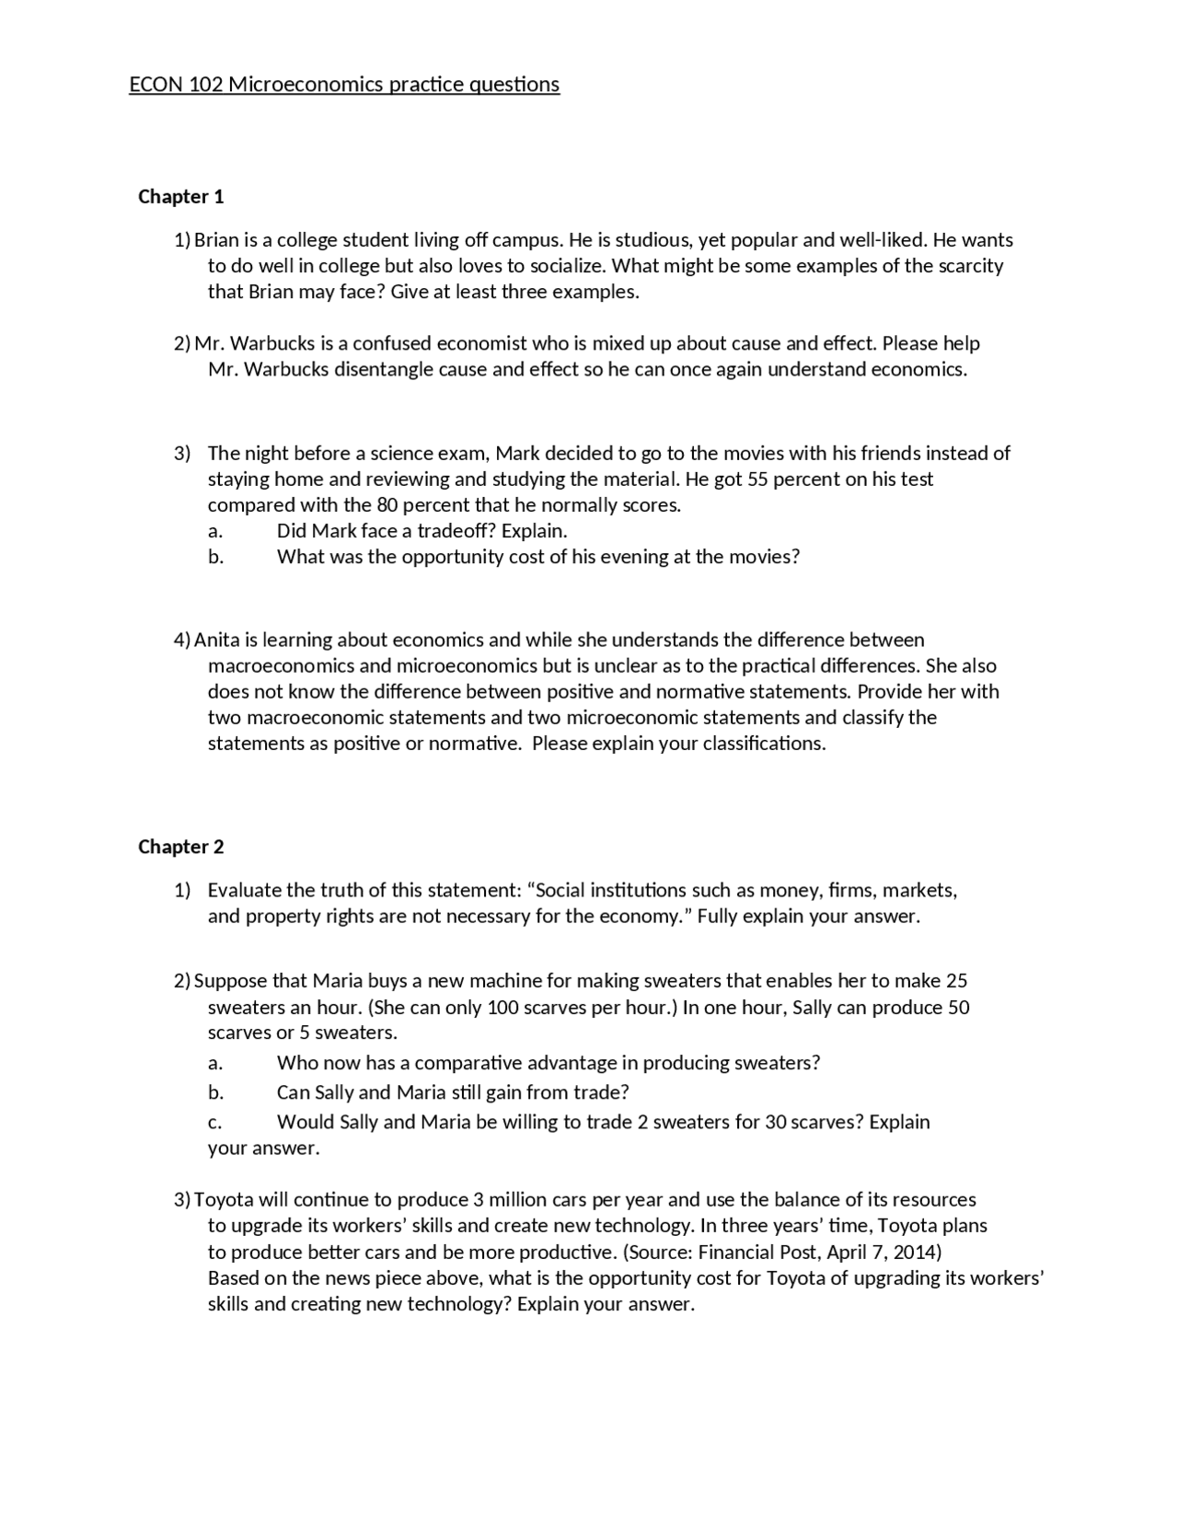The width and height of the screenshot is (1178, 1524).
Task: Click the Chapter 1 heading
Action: click(180, 196)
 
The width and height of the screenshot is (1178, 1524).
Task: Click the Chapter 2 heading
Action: click(180, 847)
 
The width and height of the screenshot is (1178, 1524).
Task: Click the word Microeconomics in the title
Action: click(306, 85)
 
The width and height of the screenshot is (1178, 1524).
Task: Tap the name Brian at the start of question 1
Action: click(216, 240)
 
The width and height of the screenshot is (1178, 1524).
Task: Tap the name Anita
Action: click(216, 640)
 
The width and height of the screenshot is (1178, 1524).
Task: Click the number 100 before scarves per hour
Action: click(503, 1007)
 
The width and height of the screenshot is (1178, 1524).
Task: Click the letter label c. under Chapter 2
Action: click(215, 1122)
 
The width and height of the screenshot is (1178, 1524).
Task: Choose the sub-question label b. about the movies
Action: click(215, 557)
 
